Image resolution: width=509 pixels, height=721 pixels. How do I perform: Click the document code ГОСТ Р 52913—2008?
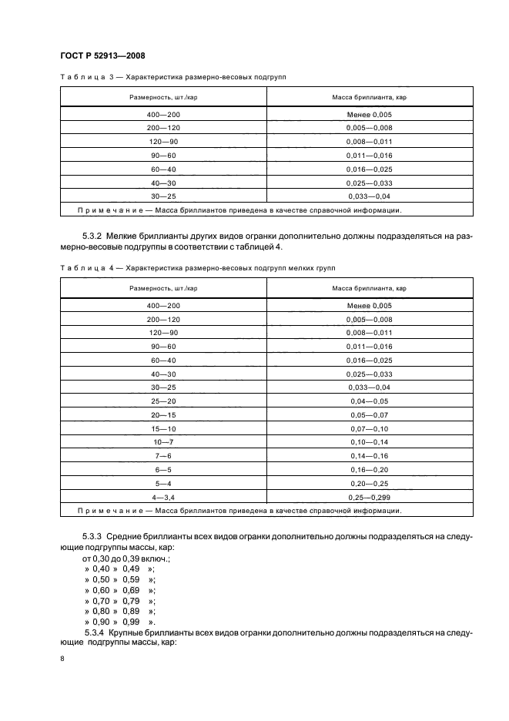coord(102,55)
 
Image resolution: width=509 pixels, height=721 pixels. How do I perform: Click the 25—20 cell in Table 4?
coord(163,401)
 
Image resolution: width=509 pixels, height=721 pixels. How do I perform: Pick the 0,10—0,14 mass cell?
coord(370,441)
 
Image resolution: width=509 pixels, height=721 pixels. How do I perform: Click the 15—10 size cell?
coord(163,428)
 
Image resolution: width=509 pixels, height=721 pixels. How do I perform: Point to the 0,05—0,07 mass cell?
coord(370,414)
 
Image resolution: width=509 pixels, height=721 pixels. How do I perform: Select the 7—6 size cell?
coord(163,455)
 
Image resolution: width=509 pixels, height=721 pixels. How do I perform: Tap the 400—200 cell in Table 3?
coord(163,114)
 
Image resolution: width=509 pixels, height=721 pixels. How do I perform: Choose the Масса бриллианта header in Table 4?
coord(370,287)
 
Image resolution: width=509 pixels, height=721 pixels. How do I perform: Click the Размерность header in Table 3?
coord(163,97)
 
